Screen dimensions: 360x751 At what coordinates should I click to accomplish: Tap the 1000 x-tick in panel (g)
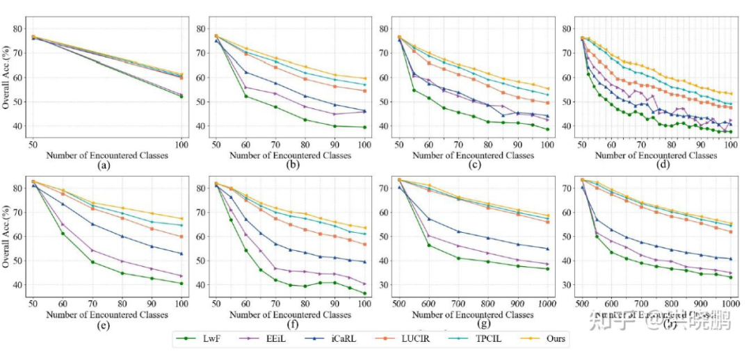pos(547,304)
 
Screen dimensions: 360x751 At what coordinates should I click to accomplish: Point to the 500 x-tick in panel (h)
pos(582,304)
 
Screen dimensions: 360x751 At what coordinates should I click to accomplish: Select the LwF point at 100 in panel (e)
pos(181,284)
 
